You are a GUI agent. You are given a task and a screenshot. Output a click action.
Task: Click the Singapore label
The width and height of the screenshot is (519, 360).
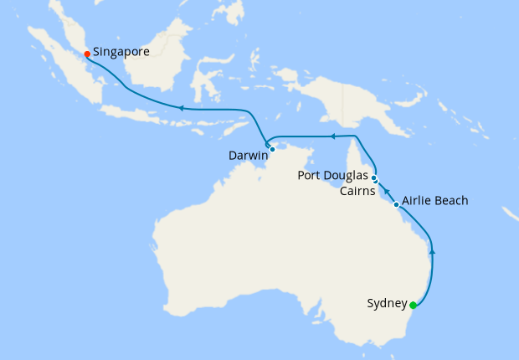point(121,52)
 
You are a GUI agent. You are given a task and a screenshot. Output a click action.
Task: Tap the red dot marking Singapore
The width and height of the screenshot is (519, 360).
point(87,54)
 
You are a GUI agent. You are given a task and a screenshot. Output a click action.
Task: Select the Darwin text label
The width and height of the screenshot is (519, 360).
point(249,156)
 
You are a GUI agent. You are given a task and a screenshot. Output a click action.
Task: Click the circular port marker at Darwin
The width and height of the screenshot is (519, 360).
point(273,149)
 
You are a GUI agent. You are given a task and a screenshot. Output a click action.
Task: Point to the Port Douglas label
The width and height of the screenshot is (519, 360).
point(333,176)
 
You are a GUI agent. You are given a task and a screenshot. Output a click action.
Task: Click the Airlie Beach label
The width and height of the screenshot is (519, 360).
point(434,201)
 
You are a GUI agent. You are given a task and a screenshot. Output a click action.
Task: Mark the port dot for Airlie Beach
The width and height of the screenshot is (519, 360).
point(396,204)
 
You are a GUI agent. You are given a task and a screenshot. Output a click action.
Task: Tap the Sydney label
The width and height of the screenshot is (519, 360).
point(387,303)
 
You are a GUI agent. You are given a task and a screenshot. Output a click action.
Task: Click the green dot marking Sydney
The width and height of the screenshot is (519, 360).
point(414,306)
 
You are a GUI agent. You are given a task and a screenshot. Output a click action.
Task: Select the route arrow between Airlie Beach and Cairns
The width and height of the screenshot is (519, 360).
point(386,193)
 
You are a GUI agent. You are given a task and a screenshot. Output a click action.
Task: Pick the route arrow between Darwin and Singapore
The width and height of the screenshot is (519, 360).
point(179,107)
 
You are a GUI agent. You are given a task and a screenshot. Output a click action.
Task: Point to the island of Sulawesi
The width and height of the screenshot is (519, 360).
point(206,84)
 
